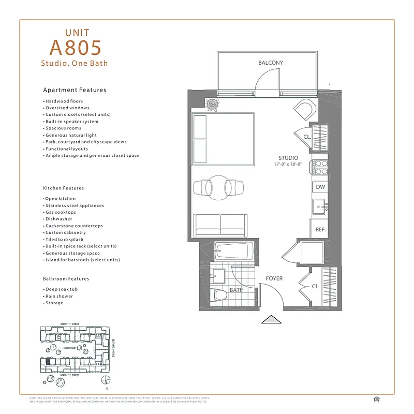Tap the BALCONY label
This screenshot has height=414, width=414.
tap(271, 63)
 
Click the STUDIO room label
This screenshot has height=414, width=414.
tap(288, 158)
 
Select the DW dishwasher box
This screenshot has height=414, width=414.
tap(320, 187)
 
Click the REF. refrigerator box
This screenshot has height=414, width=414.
tap(319, 228)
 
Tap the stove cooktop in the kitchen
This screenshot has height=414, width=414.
tap(319, 168)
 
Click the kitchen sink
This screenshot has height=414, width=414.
tap(318, 207)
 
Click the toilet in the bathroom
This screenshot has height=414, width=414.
tap(221, 296)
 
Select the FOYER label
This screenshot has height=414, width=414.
tap(274, 278)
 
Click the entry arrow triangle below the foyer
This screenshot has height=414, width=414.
tap(271, 320)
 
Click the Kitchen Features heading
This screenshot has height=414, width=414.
tap(63, 188)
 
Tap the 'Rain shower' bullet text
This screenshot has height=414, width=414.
tap(58, 296)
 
